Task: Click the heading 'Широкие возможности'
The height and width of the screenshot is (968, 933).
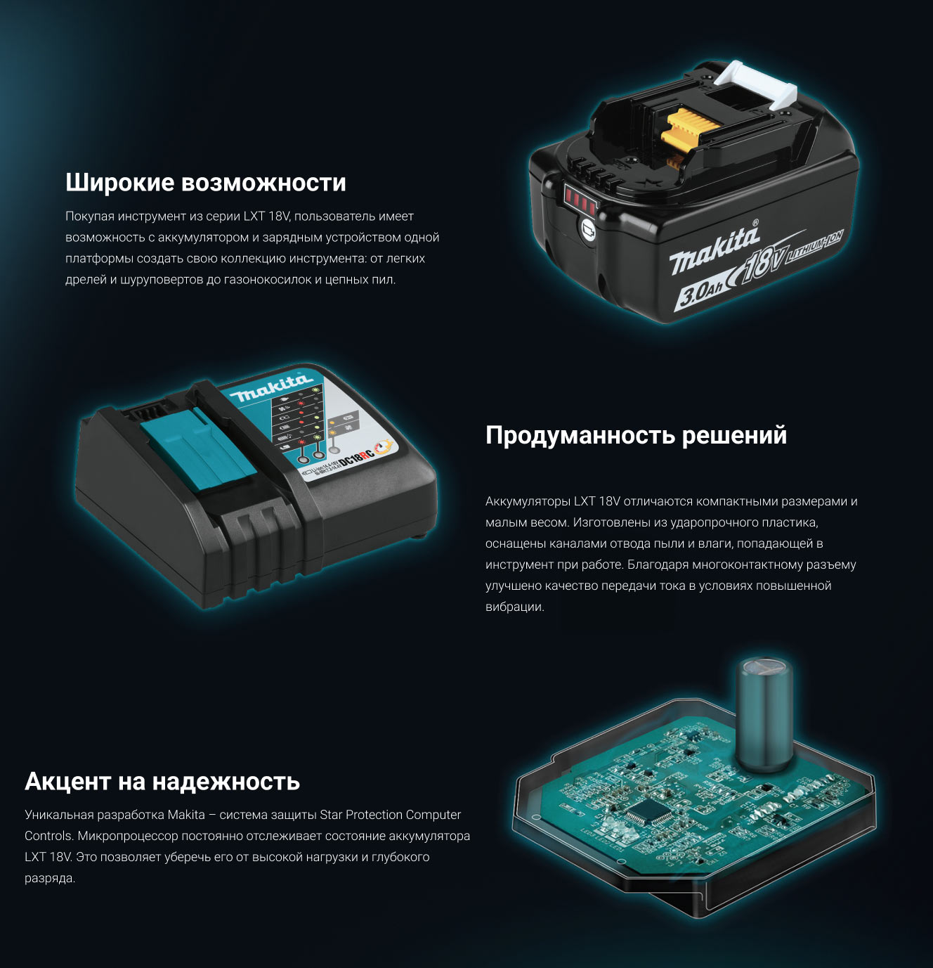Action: [206, 183]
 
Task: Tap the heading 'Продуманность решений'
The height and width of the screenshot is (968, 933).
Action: [637, 435]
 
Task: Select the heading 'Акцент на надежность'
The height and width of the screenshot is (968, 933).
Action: [162, 782]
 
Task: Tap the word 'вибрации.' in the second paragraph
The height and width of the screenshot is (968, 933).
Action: [515, 607]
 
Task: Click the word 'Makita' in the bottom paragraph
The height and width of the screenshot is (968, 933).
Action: [186, 815]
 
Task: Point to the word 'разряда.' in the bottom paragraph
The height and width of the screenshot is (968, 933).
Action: [50, 879]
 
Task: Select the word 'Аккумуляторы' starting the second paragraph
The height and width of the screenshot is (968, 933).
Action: [528, 501]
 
